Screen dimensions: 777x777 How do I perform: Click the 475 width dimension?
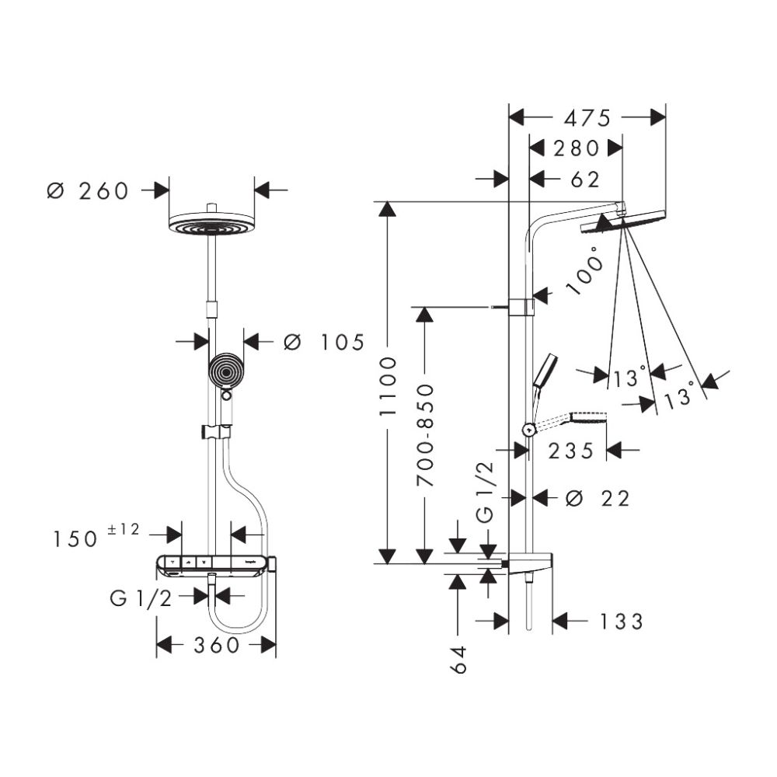[587, 117]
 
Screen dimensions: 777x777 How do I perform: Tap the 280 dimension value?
[576, 148]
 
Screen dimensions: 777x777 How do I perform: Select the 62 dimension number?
[585, 179]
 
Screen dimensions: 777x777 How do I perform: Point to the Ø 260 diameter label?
[87, 190]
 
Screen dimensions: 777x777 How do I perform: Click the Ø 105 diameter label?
[323, 342]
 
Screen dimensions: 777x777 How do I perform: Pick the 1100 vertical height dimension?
[388, 385]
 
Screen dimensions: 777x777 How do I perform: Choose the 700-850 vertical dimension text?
[425, 435]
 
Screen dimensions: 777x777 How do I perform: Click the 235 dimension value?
[571, 451]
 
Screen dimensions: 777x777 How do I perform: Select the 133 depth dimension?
[622, 622]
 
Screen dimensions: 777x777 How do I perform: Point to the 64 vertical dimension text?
[458, 659]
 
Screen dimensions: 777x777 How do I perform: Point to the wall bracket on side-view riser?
[521, 306]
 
